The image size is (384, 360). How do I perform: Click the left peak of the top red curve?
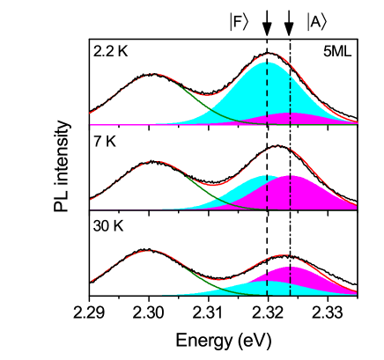coord(154,75)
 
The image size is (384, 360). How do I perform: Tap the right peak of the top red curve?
coord(271,55)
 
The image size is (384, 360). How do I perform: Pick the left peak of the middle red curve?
coord(155,162)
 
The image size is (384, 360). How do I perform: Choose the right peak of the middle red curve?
coord(278,146)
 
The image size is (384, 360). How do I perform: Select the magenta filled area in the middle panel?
coord(304,194)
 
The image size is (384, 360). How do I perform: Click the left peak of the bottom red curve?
coord(151,251)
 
